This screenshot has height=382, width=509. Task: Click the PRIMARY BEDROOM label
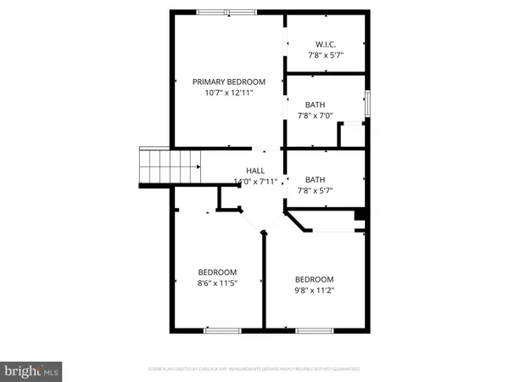[228, 81]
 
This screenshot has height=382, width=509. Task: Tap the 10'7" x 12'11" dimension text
[228, 93]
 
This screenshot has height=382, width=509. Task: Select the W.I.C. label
[327, 43]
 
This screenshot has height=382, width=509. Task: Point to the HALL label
[255, 171]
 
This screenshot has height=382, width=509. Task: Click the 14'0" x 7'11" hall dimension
[255, 182]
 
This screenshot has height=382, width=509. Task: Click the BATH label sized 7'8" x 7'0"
[316, 105]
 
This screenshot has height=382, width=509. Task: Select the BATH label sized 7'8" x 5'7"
[316, 179]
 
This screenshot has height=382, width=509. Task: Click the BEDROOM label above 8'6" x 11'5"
[206, 272]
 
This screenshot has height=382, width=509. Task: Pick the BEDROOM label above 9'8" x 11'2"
[314, 279]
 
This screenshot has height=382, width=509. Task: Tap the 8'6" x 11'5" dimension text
[206, 284]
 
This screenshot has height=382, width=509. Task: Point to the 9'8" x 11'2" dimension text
[314, 291]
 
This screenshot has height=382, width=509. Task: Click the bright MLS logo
[32, 370]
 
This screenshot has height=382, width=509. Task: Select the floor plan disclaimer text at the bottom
[254, 369]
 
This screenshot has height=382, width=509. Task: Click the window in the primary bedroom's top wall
[227, 12]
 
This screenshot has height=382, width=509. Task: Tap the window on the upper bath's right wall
[368, 101]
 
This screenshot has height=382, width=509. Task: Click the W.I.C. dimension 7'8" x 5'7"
[327, 54]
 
